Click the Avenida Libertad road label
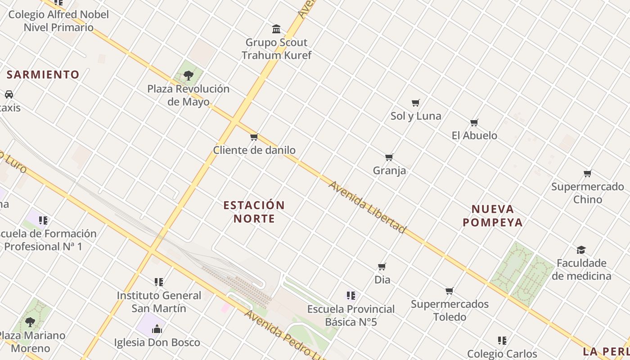367,207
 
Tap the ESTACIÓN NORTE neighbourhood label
254,212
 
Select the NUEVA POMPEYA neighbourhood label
493,216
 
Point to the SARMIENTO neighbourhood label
43,75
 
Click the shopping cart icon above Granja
389,157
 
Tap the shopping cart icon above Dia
382,266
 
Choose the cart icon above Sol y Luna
416,103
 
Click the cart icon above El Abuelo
474,122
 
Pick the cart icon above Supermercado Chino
587,173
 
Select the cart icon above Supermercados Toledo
449,291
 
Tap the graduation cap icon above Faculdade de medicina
581,250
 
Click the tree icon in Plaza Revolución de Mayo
189,75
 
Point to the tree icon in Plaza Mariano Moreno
30,322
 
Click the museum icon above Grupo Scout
276,29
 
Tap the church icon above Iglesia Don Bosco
157,329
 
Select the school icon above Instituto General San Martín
158,282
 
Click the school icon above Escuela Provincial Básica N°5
351,296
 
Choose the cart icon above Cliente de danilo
254,137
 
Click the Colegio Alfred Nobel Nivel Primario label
58,21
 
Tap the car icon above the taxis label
9,94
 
